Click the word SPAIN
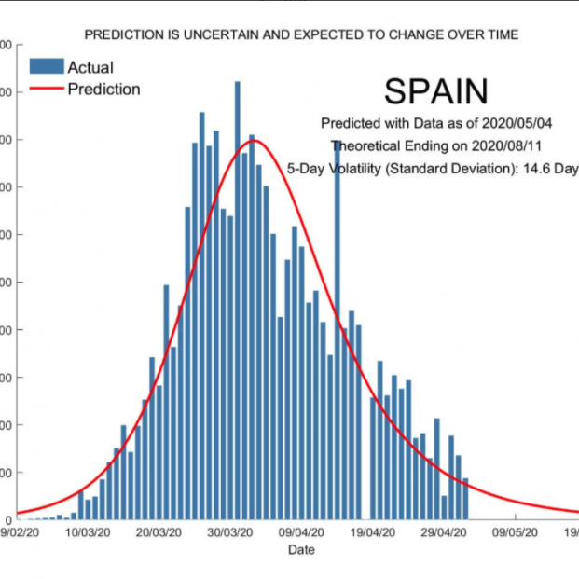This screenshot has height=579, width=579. click(x=435, y=91)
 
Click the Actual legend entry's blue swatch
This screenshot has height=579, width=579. click(x=47, y=66)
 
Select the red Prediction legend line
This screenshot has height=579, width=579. click(x=47, y=90)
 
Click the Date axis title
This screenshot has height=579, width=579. click(x=300, y=550)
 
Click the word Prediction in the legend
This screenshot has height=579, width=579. click(x=103, y=90)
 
